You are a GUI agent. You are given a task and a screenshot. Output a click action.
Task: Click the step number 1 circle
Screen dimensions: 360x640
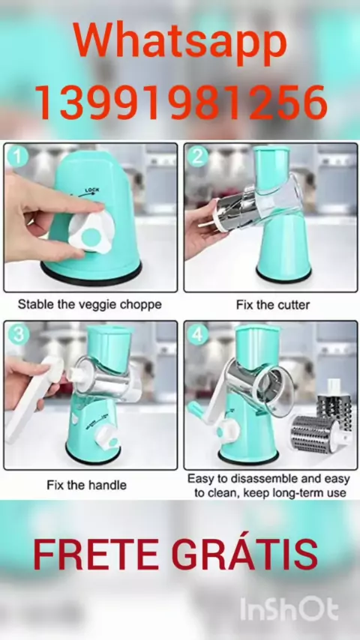(x=17, y=157)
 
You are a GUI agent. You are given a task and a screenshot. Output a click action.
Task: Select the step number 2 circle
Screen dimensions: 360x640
(x=197, y=157)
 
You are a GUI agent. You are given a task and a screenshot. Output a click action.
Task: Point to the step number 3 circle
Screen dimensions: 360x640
(x=17, y=335)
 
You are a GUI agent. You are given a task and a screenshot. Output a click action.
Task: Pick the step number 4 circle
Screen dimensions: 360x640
(x=197, y=335)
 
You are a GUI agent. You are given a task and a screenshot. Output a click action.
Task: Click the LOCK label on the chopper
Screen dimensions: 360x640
(x=91, y=190)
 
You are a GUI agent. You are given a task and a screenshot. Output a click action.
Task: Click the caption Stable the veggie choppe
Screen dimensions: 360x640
(x=89, y=304)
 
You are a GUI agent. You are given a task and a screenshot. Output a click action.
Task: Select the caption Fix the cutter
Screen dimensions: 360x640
(x=273, y=305)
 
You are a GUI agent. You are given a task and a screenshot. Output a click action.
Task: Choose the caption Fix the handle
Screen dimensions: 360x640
(x=87, y=485)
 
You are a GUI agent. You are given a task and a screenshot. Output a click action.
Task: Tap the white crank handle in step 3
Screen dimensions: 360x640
(x=34, y=400)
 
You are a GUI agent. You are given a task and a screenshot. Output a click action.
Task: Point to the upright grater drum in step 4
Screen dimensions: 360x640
(x=334, y=403)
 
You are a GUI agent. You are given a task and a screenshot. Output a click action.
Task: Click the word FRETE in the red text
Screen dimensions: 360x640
(x=96, y=555)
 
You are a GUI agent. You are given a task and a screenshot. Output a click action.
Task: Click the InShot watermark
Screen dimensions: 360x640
(x=289, y=610)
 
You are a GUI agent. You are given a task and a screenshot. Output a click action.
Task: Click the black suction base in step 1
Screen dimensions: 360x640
(x=91, y=275)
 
